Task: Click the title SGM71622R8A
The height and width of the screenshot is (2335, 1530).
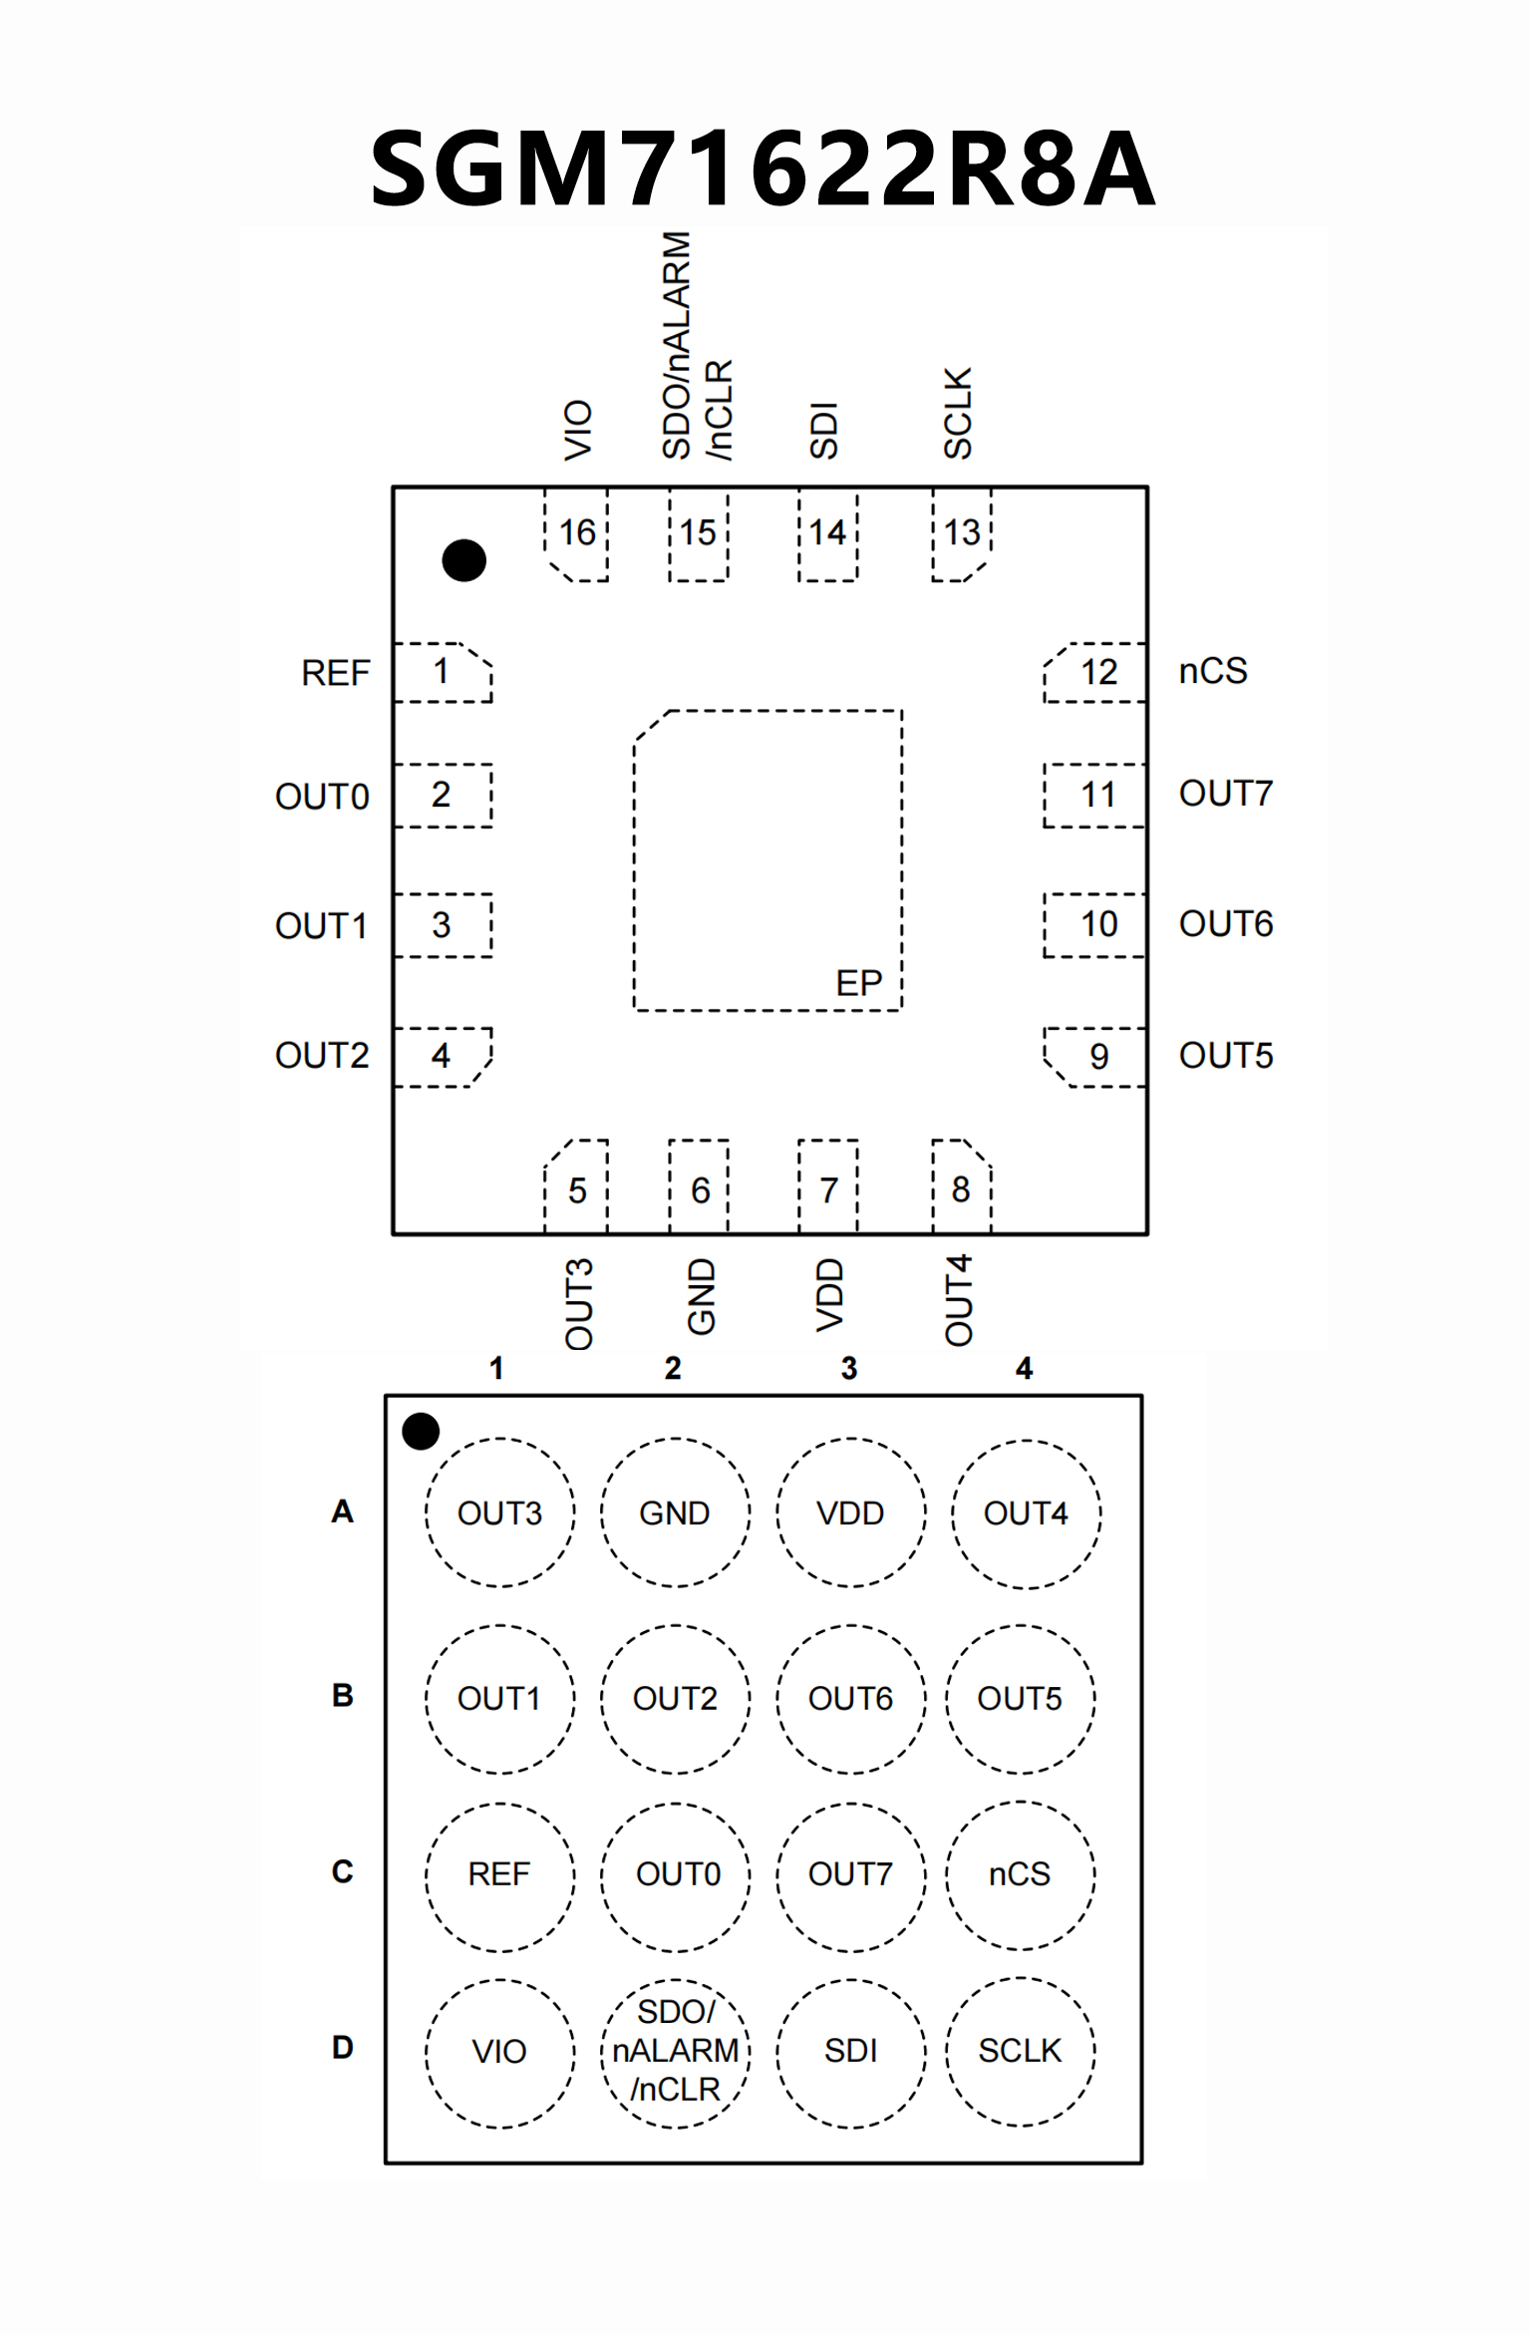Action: point(763,167)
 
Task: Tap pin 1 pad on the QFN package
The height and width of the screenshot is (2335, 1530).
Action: point(443,673)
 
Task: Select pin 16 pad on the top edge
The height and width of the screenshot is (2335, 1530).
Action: point(576,533)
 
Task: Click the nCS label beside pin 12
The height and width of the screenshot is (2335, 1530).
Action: point(1212,671)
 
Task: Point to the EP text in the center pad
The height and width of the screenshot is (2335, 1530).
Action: point(858,984)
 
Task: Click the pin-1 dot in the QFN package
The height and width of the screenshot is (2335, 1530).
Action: point(463,560)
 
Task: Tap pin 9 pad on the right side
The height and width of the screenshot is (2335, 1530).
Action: point(1096,1057)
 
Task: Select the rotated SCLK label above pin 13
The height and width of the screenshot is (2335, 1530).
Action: point(958,413)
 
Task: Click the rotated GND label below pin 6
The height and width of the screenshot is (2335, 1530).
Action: point(702,1296)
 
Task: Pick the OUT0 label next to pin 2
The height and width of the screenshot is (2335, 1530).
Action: point(322,797)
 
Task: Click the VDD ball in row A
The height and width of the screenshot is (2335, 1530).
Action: point(850,1512)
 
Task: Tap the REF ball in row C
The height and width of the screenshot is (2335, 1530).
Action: point(499,1874)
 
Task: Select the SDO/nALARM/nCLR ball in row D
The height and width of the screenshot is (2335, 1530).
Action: point(676,2051)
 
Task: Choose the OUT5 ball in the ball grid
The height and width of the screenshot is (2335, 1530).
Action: point(1020,1698)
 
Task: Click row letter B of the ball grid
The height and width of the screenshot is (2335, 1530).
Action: point(342,1695)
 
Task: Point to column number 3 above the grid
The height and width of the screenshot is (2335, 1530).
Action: point(848,1368)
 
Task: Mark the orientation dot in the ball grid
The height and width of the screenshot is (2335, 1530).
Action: point(421,1431)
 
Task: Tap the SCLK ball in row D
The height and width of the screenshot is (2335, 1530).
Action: point(1020,2050)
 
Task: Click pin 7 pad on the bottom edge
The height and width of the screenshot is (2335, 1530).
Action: point(828,1188)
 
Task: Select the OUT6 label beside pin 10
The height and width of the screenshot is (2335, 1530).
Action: point(1225,924)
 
